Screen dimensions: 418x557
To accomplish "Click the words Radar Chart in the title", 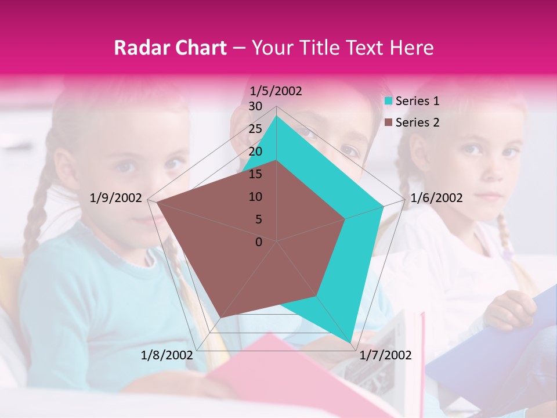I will (x=170, y=48).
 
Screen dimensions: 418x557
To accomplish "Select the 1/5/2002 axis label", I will (x=276, y=91).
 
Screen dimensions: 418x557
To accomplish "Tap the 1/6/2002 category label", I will (x=436, y=198).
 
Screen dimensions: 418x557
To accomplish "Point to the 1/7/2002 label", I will (x=386, y=355).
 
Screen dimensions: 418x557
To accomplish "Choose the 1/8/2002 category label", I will (x=167, y=355).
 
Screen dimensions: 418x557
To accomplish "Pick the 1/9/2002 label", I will (x=116, y=198).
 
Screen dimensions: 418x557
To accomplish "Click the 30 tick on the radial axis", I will (x=255, y=107).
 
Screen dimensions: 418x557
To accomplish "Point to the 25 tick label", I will (x=255, y=129).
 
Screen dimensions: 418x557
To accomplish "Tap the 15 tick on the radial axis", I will (x=255, y=174).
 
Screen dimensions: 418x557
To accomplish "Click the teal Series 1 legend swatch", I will (x=389, y=101).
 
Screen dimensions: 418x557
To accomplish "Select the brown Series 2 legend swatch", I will (x=389, y=122).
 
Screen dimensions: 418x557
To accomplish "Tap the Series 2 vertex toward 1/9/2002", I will (x=155, y=202).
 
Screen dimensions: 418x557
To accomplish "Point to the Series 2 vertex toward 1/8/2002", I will (x=222, y=317).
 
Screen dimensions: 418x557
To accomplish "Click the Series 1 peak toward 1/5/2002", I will (x=277, y=116).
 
